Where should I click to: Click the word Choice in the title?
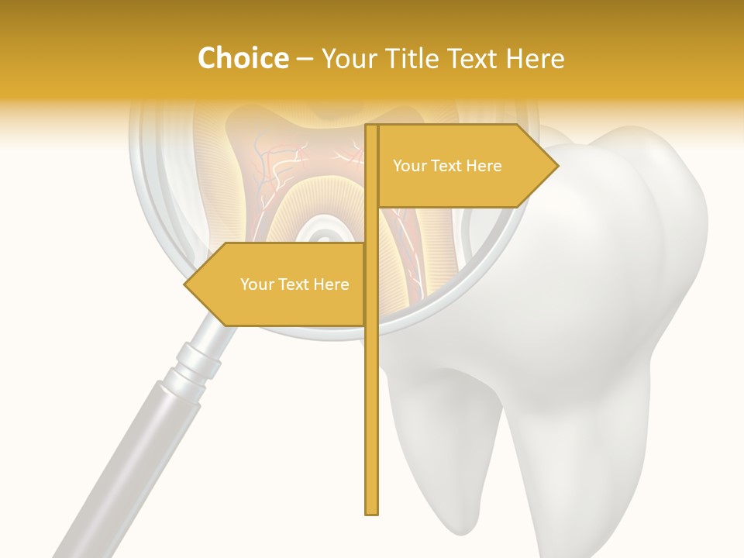(243, 59)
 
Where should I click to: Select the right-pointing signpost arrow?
(465, 166)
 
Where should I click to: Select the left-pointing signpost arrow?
(279, 284)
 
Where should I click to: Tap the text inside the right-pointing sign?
(447, 166)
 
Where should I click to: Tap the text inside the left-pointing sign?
(294, 284)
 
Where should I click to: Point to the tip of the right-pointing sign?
(557, 165)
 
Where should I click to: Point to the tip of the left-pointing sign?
(185, 284)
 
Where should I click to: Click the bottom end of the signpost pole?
(372, 511)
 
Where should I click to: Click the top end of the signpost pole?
(372, 126)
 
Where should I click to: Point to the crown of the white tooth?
(612, 256)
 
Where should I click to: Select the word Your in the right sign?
(409, 166)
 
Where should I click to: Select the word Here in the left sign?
(330, 284)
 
